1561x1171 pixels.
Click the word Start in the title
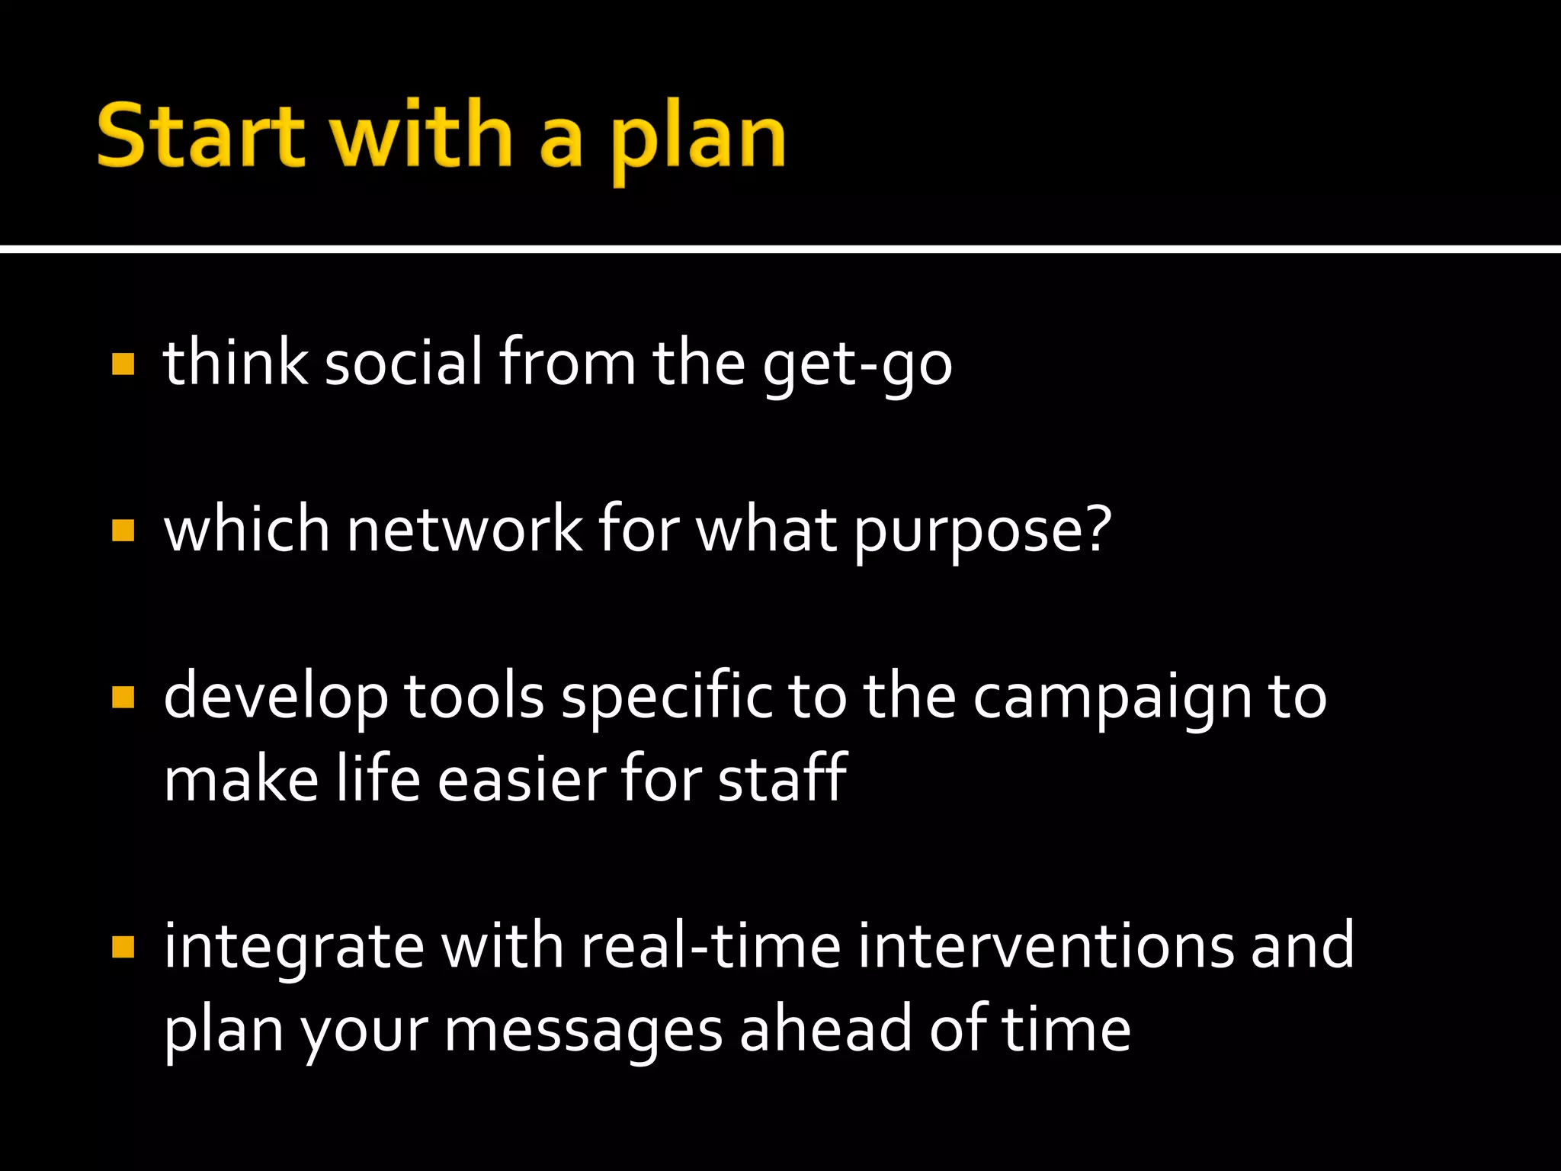click(200, 136)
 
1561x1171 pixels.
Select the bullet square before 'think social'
click(123, 364)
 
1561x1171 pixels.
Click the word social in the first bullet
click(404, 362)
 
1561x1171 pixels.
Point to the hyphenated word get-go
click(857, 364)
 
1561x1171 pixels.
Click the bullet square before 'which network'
click(123, 530)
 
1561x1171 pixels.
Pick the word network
click(465, 529)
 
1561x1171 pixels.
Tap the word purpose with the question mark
click(982, 531)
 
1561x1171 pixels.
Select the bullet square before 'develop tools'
click(123, 697)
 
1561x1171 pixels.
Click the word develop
click(276, 697)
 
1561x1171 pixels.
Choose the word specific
click(667, 697)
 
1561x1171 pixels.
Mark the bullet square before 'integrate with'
click(123, 947)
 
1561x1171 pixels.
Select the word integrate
click(294, 947)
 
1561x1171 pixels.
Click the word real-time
click(710, 945)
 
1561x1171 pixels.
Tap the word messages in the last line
click(583, 1029)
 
